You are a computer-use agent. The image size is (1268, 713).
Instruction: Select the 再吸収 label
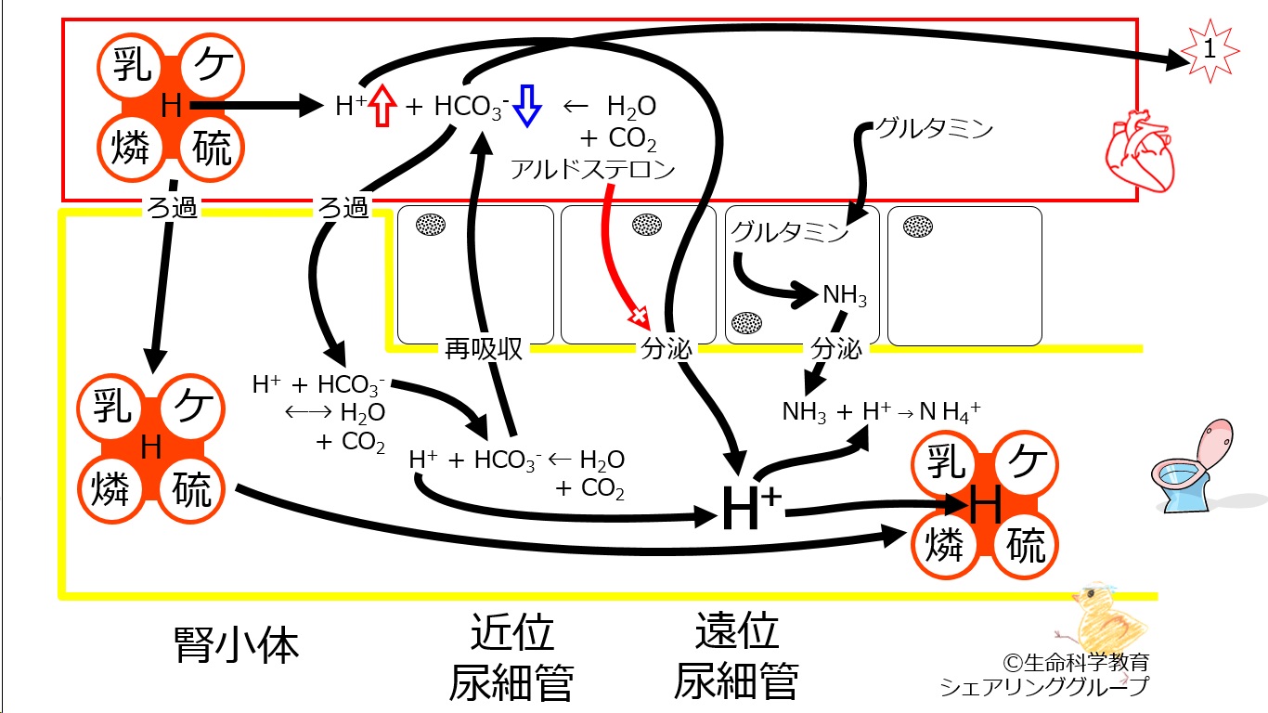pyautogui.click(x=484, y=349)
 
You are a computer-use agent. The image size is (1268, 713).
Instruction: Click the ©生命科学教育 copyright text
pyautogui.click(x=1076, y=663)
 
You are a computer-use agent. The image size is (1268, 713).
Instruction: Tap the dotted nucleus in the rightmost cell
pyautogui.click(x=919, y=225)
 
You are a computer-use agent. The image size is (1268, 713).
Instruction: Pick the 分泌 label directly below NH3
pyautogui.click(x=836, y=349)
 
